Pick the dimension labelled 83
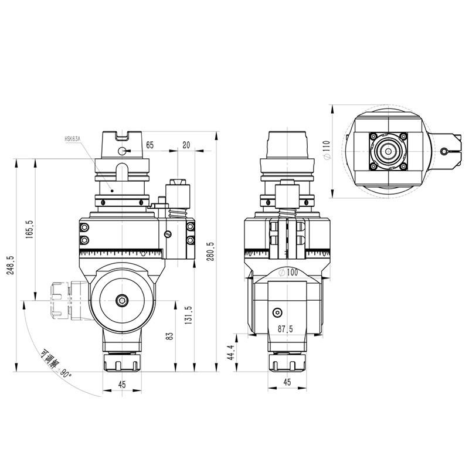[x=169, y=336]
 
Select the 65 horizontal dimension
[x=150, y=144]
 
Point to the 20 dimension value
[x=186, y=144]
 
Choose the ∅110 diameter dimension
[x=327, y=151]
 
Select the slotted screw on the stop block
[x=168, y=236]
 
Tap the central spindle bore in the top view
[x=386, y=150]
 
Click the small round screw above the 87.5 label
[x=278, y=311]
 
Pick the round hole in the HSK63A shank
[x=121, y=151]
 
